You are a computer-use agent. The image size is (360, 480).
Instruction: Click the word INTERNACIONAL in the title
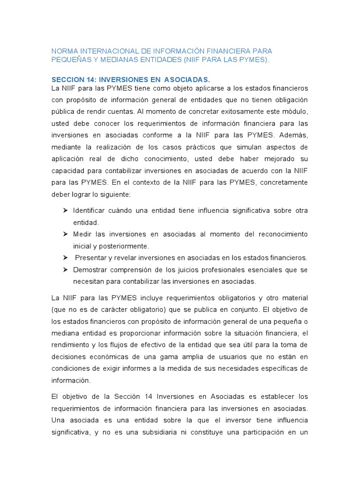pyautogui.click(x=103, y=51)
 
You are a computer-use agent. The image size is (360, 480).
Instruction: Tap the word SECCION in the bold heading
pyautogui.click(x=69, y=80)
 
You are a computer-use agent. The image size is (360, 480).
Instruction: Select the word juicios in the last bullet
pyautogui.click(x=193, y=270)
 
